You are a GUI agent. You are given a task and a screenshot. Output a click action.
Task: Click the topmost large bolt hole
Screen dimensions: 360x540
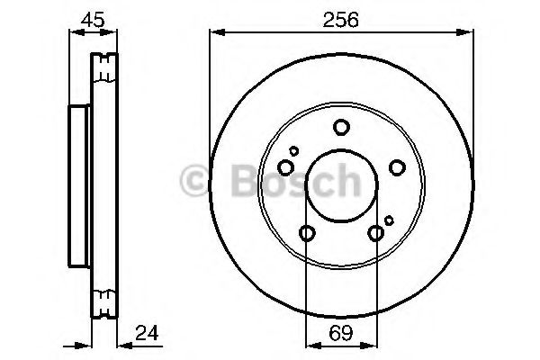[x=341, y=128]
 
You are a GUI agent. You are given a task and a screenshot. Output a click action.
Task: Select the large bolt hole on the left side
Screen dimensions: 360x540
[x=285, y=167]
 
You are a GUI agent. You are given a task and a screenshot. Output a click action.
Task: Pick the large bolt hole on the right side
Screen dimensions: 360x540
[x=397, y=167]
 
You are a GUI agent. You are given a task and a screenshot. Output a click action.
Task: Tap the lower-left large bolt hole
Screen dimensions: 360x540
[x=306, y=234]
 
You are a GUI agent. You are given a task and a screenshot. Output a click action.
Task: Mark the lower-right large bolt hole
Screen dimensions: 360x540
[x=376, y=234]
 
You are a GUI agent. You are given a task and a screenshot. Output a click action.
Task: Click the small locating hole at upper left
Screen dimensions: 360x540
[x=294, y=150]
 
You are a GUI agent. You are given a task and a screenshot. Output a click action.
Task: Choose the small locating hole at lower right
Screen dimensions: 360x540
[x=389, y=220]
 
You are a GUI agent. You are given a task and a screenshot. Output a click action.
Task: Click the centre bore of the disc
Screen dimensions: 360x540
[x=341, y=184]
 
